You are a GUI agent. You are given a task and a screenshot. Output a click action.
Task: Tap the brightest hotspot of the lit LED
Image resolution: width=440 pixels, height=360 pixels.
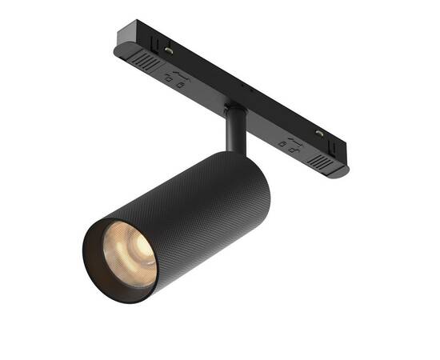tap(131, 254)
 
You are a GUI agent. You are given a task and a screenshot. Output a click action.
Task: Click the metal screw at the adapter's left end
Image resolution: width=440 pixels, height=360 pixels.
tap(170, 50)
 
